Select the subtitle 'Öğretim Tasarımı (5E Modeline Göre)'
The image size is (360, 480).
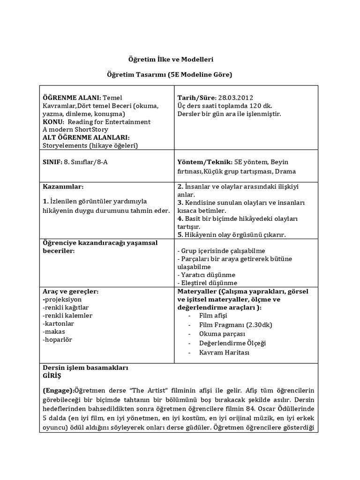tap(169, 75)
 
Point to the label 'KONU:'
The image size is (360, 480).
tap(53, 121)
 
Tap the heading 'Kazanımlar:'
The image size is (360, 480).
tap(63, 187)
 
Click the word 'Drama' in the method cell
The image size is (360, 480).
tap(285, 172)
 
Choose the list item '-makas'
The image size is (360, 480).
tap(54, 331)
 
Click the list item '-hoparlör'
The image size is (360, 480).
tap(58, 339)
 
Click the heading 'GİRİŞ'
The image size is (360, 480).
tap(52, 376)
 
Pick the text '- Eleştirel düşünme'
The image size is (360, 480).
tap(207, 283)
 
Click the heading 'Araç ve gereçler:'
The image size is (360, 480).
tap(71, 291)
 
